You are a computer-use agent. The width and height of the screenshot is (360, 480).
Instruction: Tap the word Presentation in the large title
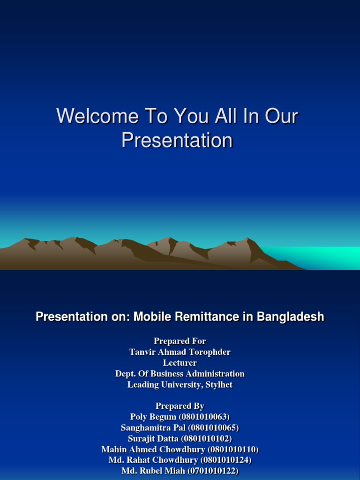pyautogui.click(x=177, y=140)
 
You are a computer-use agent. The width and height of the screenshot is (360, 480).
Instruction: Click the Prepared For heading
pyautogui.click(x=180, y=341)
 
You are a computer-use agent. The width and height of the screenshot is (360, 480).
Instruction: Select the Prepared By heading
pyautogui.click(x=180, y=406)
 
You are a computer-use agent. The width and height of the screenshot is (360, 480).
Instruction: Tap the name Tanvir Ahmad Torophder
pyautogui.click(x=180, y=352)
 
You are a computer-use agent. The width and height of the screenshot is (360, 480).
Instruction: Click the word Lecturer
pyautogui.click(x=180, y=363)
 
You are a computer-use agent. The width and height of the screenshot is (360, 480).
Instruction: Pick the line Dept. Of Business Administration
pyautogui.click(x=180, y=374)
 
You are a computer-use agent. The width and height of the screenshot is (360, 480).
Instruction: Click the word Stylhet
pyautogui.click(x=217, y=385)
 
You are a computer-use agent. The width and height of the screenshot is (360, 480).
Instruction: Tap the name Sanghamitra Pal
pyautogui.click(x=153, y=427)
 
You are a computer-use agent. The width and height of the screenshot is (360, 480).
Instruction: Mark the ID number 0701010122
pyautogui.click(x=212, y=471)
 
